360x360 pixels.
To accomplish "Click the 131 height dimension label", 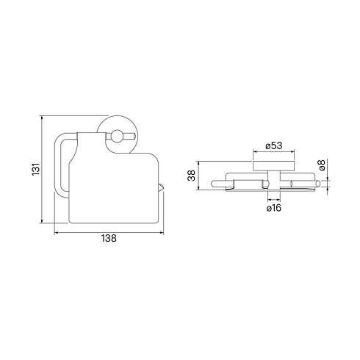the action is pyautogui.click(x=36, y=169).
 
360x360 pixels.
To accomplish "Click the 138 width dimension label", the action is pyautogui.click(x=109, y=238).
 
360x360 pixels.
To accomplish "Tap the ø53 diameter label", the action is pyautogui.click(x=274, y=145).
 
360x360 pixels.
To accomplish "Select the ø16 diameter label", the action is pyautogui.click(x=274, y=208).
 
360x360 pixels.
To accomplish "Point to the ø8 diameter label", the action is pyautogui.click(x=322, y=165).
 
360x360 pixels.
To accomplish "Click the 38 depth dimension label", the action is pyautogui.click(x=192, y=176).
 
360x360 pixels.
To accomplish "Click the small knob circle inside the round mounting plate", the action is pyautogui.click(x=117, y=137).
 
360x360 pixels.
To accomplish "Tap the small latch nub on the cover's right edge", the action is pyautogui.click(x=161, y=187).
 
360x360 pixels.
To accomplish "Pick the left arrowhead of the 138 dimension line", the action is pyautogui.click(x=57, y=233).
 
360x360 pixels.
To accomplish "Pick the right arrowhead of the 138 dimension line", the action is pyautogui.click(x=162, y=233).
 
